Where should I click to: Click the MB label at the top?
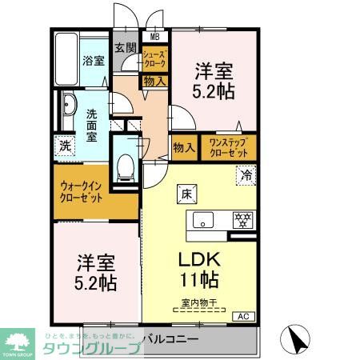[x=155, y=36]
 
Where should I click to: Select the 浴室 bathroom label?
[x=93, y=61]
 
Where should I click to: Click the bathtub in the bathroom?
[x=66, y=60]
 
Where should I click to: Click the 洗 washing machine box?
[x=63, y=147]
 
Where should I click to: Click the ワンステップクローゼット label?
[x=227, y=146]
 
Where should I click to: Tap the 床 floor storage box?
[x=184, y=193]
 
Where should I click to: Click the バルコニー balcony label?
[x=171, y=340]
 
